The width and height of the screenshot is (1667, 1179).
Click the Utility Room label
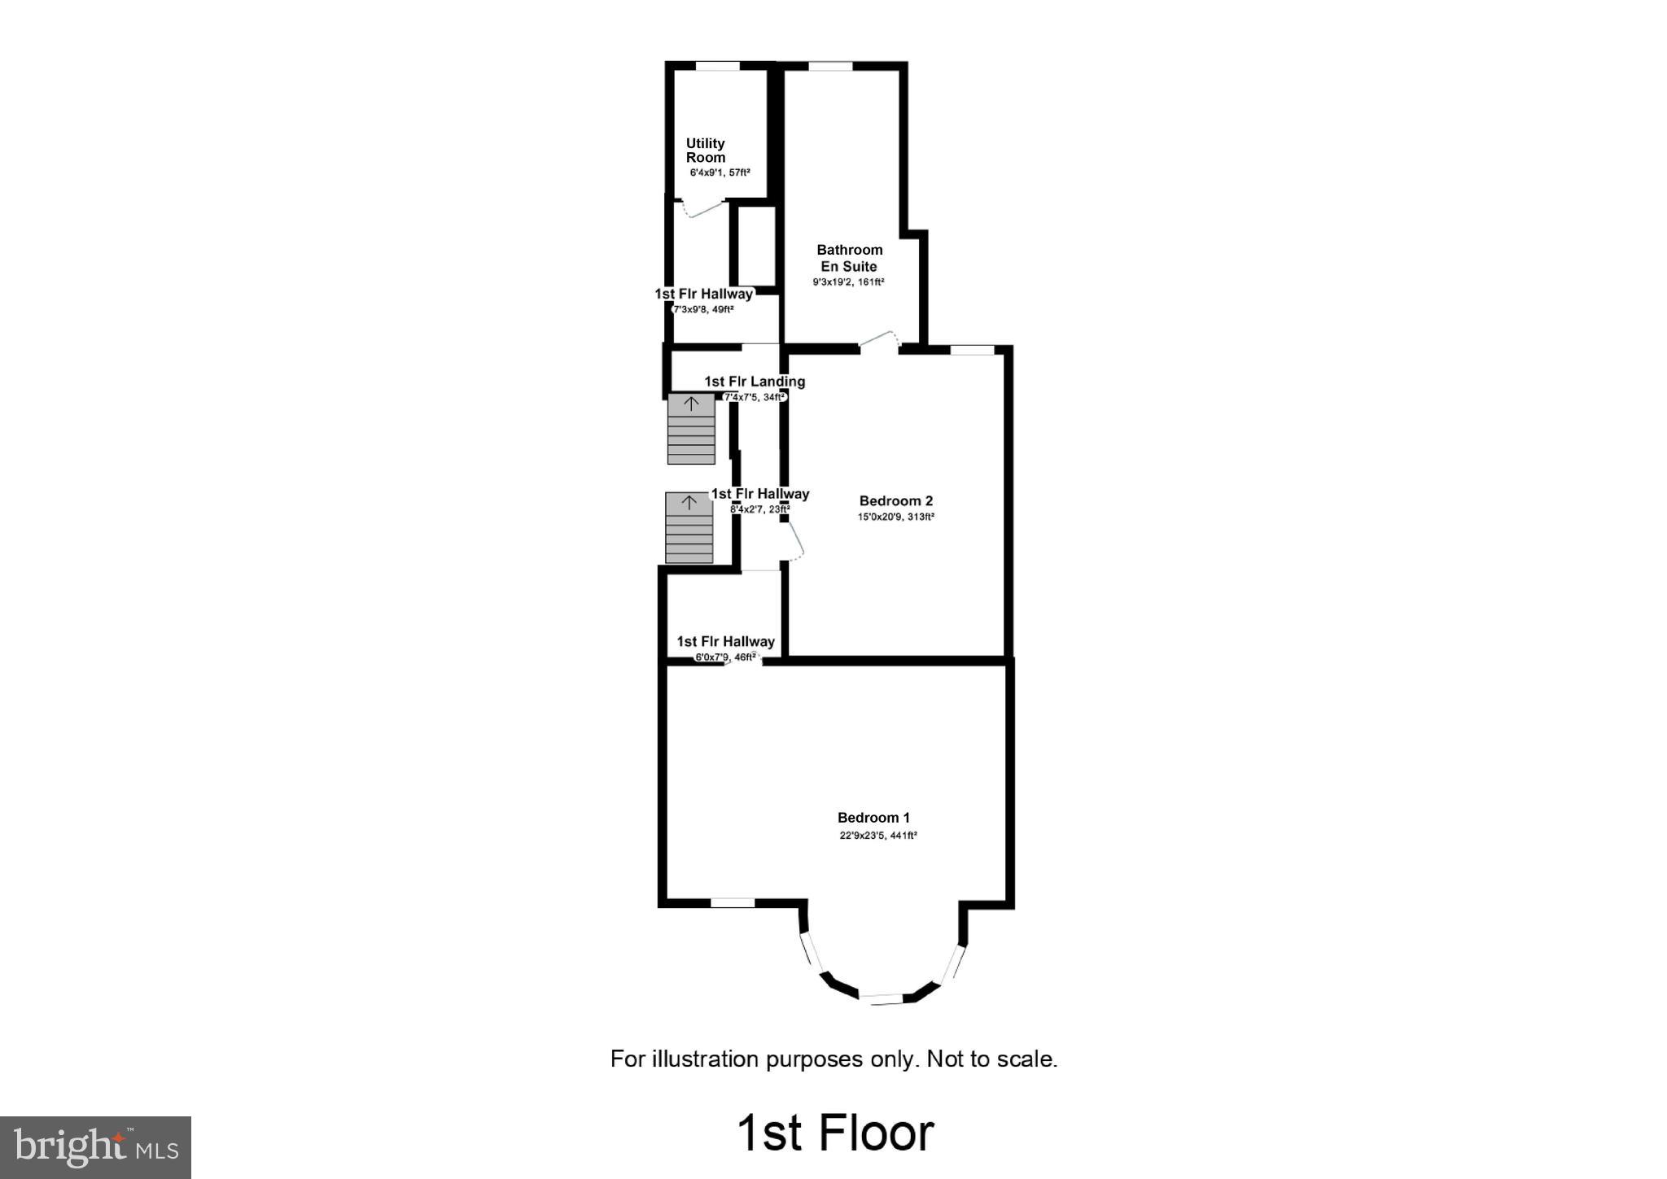coord(705,151)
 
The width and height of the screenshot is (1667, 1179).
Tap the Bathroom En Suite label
coord(849,258)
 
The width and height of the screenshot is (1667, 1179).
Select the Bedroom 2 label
coord(895,501)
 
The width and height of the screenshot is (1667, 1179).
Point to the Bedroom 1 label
coord(873,818)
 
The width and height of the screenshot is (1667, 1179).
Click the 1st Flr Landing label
coord(755,382)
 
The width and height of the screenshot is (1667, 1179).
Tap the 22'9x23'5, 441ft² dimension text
coord(878,836)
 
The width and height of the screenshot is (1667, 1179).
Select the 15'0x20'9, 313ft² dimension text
coord(895,517)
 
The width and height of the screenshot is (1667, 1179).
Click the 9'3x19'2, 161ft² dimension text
coord(848,282)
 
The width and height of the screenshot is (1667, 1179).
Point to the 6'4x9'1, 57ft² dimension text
coord(720,172)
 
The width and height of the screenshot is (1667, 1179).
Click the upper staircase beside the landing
coord(691,429)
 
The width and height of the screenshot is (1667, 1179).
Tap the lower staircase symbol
coord(689,528)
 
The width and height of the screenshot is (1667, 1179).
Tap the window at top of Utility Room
coord(717,66)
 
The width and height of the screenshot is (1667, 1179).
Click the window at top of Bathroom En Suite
coord(829,66)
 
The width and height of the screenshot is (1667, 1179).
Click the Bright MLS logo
coord(96,1147)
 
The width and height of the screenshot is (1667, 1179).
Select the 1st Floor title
coord(835,1133)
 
